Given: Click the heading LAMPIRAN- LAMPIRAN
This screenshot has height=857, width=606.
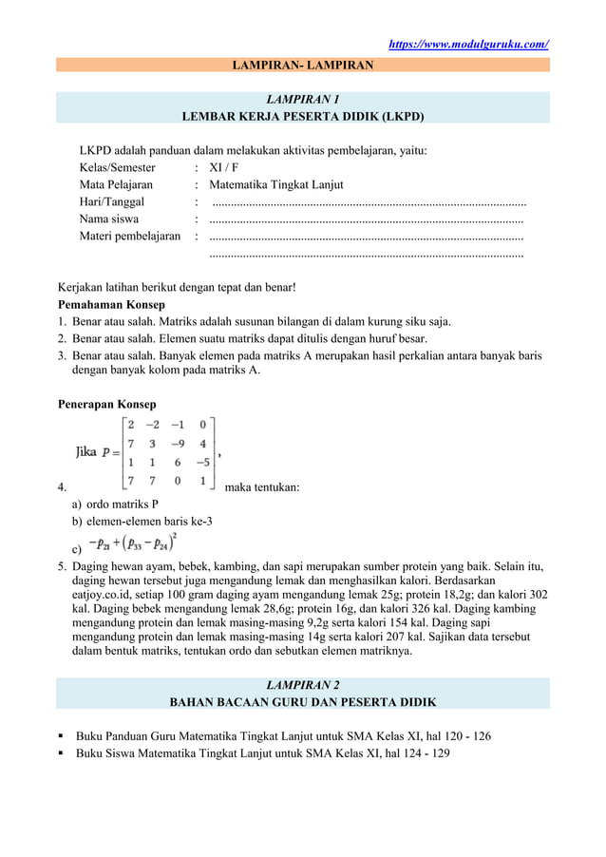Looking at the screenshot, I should (303, 65).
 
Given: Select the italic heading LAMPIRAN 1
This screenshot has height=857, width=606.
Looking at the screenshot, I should (303, 99).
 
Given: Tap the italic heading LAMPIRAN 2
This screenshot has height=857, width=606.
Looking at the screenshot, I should (303, 684).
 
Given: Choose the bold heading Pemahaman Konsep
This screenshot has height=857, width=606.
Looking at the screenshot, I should (111, 305).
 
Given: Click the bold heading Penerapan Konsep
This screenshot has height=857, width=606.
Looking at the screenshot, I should (107, 405).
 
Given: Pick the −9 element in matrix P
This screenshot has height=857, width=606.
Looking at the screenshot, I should (177, 443).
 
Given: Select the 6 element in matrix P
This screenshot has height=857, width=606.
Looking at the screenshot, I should (177, 462).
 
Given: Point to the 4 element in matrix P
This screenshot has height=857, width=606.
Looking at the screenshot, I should (202, 443).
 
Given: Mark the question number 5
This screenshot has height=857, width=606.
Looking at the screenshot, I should (62, 567).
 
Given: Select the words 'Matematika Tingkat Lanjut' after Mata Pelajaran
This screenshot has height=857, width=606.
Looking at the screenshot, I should (275, 184).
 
